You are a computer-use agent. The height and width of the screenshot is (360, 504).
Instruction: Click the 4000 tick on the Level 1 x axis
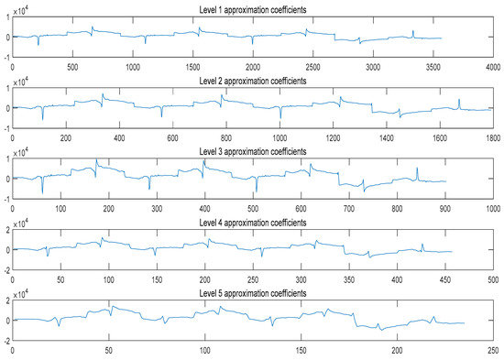tap(492, 67)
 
